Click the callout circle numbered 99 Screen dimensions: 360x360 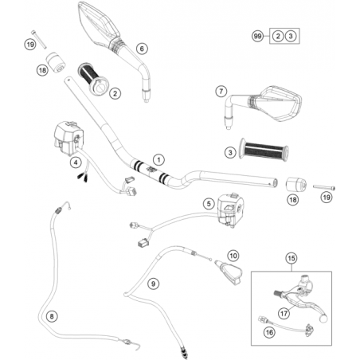[x=257, y=36]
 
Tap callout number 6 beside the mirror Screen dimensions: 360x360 [x=142, y=49]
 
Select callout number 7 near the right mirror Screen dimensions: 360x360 [x=221, y=92]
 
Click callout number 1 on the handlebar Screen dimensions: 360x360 [x=158, y=160]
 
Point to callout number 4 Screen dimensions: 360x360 [x=76, y=162]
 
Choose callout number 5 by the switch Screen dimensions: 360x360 [x=209, y=204]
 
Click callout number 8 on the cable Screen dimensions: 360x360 [x=52, y=316]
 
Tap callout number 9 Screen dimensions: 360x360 [x=153, y=284]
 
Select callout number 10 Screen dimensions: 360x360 [x=233, y=256]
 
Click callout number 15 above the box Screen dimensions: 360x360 [x=292, y=258]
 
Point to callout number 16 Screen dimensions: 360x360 [x=269, y=332]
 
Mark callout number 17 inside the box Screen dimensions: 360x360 [x=284, y=314]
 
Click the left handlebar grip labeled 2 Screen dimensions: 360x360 [x=93, y=79]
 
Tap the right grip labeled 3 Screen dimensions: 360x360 [x=264, y=149]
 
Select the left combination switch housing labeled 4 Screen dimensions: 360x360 [x=68, y=138]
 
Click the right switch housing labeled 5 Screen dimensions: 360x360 [x=230, y=209]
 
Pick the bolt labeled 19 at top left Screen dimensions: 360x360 [x=39, y=39]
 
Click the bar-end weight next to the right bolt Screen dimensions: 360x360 [x=295, y=185]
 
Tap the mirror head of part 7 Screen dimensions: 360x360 [x=281, y=103]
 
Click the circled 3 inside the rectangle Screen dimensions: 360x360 [x=291, y=36]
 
